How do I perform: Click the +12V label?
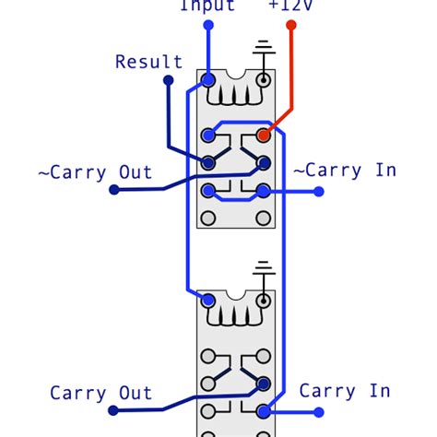click(x=290, y=5)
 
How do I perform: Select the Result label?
click(x=148, y=63)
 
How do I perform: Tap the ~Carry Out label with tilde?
click(x=95, y=172)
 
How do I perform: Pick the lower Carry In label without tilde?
click(x=345, y=392)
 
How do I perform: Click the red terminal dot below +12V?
click(x=291, y=26)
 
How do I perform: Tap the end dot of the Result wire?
click(x=168, y=80)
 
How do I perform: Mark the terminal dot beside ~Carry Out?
click(x=113, y=191)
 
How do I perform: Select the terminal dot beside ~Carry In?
click(x=319, y=192)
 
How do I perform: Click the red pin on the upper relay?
click(x=264, y=136)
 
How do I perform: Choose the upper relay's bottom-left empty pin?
click(x=209, y=219)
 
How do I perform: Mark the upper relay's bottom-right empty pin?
click(x=264, y=219)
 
